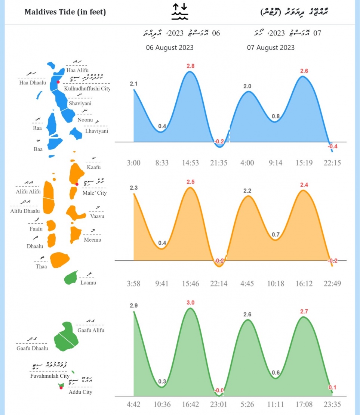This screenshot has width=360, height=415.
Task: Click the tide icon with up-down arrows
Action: point(180,11)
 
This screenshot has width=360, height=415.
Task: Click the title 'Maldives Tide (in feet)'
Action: point(65,12)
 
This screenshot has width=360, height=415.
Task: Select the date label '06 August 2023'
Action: point(170,47)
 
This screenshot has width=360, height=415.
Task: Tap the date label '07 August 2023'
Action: point(271,47)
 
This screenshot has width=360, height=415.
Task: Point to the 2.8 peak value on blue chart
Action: point(190,66)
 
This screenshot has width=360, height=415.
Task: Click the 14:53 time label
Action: point(190,163)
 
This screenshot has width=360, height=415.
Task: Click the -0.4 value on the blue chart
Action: point(332,146)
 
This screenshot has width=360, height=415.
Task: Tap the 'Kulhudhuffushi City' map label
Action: point(87,89)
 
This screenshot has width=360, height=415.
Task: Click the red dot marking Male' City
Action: point(77,184)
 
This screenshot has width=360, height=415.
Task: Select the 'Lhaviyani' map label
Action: point(96,131)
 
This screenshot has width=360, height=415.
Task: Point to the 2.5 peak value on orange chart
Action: point(190,182)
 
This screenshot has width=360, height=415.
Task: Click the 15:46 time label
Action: point(190,284)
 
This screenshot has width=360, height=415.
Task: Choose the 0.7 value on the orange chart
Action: point(276,235)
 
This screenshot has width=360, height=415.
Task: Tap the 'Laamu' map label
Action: point(88,282)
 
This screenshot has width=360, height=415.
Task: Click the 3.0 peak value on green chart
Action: point(190,303)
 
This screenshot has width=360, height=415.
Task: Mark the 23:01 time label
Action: point(219,405)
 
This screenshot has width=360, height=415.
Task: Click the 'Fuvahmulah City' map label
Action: point(50,376)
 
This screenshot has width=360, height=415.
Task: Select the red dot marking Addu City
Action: point(61,388)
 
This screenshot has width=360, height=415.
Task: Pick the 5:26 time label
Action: point(247,405)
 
